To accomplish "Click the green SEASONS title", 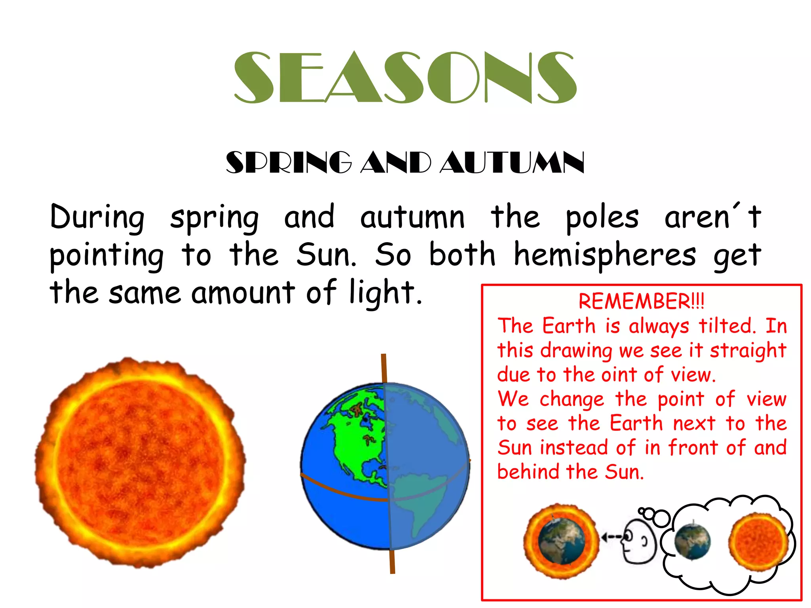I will click(x=405, y=78).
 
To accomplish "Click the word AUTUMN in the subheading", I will click(x=512, y=163).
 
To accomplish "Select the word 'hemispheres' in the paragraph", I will click(x=604, y=255).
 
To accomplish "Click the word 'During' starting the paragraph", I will click(x=97, y=217).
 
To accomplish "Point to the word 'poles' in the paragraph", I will click(x=602, y=218).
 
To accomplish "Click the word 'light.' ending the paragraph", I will click(x=386, y=293).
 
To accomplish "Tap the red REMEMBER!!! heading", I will click(x=641, y=302).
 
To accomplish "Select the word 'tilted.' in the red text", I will click(x=727, y=326).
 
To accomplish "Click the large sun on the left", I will click(x=140, y=462).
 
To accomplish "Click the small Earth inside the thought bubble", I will click(x=692, y=541).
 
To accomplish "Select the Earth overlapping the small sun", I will click(x=562, y=541).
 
